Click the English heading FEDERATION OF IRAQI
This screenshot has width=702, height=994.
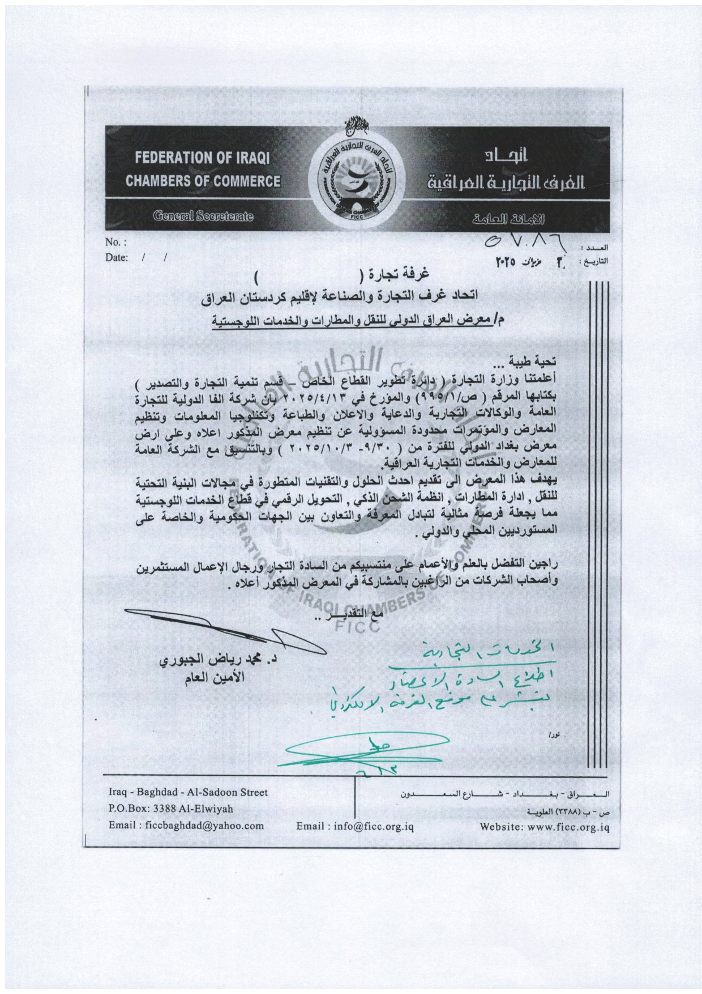(202, 158)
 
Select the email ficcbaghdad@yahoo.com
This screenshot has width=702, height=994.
(187, 826)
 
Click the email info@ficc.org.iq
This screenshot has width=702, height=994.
(355, 826)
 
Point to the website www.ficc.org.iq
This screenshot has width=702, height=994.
(544, 827)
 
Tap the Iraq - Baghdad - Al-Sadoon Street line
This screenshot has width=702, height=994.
(188, 793)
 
